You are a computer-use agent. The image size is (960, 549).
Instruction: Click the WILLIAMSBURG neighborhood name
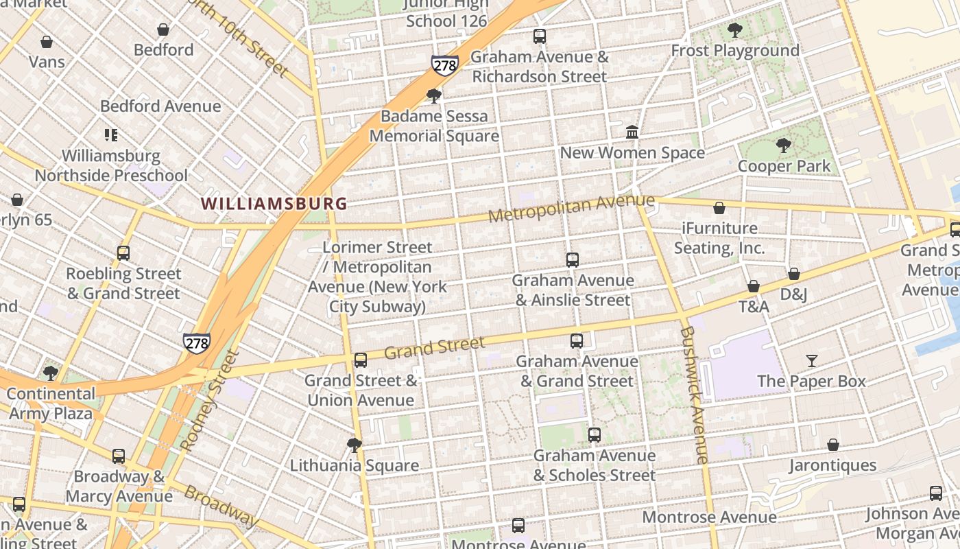coord(274,204)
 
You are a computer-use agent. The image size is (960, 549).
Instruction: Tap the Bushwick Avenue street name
coord(695,395)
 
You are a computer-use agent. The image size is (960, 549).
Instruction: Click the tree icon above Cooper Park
coord(783,145)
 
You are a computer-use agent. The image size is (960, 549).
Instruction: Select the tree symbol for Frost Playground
coord(734,30)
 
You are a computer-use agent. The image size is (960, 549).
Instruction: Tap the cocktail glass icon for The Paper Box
coord(812,361)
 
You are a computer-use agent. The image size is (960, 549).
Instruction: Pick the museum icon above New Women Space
coord(632,132)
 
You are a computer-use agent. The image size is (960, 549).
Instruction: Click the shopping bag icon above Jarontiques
coord(832,445)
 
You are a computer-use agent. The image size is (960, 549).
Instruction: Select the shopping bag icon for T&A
coord(753,286)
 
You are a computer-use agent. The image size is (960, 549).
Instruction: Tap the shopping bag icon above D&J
coord(793,274)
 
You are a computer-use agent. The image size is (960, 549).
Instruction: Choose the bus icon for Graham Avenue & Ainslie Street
coord(573,260)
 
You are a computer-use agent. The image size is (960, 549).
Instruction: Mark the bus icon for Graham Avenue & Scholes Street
coord(595,435)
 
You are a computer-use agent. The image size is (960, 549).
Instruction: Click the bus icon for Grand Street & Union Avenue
coord(361,360)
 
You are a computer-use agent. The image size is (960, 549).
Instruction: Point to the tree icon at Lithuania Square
coord(354,445)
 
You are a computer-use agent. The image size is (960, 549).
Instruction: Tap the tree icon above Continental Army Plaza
coord(50,373)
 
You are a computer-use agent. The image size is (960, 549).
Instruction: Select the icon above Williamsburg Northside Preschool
coord(111,135)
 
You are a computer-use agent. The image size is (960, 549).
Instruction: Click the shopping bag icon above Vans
coord(47,43)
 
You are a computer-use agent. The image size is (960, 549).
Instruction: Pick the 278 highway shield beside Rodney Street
coord(196,343)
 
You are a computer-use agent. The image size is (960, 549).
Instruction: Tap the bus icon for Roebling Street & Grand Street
coord(123,253)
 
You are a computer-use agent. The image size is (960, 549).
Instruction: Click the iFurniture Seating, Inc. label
coord(719,237)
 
